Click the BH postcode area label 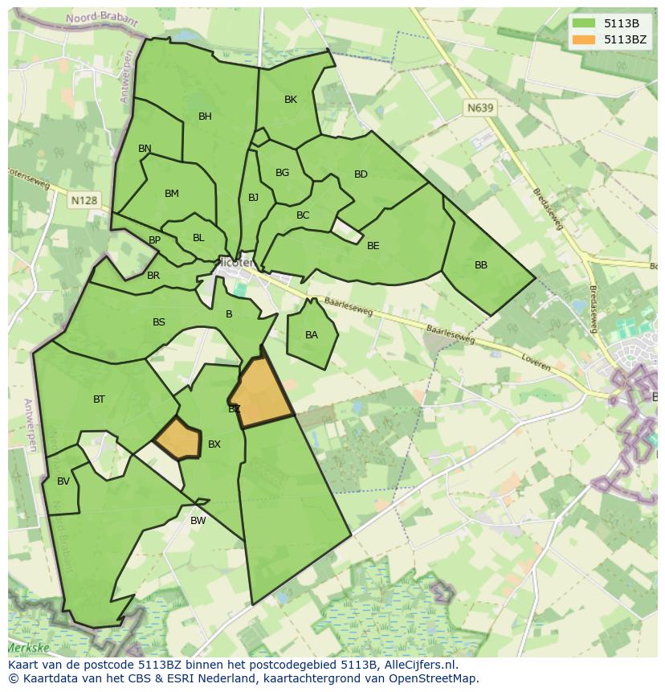(205, 117)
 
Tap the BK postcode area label (291, 100)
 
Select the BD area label (361, 174)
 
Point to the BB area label (481, 265)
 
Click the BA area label (312, 335)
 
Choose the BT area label (99, 399)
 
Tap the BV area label (63, 481)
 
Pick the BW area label (198, 521)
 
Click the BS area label (159, 322)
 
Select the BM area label (171, 194)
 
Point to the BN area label (145, 149)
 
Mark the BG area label (282, 173)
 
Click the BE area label (373, 246)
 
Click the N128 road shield (84, 200)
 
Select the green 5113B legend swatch (584, 23)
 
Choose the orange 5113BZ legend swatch (584, 39)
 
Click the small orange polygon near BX (177, 439)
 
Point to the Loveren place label (536, 362)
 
